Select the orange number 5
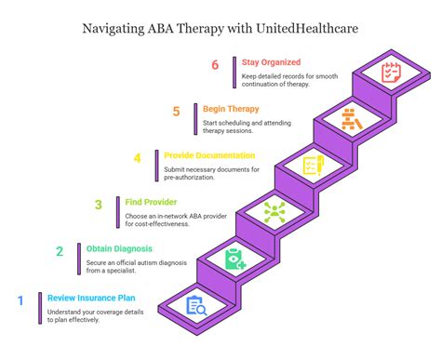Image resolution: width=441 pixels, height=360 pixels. pos(176,112)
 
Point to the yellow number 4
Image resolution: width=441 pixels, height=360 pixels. pos(138,157)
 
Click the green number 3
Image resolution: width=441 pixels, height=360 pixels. pos(98,205)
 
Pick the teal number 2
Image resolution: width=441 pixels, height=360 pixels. pos(60,251)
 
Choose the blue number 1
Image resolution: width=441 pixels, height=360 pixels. pos(21,300)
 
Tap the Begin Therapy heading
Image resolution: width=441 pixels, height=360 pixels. pos(231,108)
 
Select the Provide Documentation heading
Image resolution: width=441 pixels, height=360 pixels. pos(208,154)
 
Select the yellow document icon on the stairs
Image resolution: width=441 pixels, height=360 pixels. pos(312,166)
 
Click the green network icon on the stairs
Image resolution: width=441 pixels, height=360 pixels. pos(274,212)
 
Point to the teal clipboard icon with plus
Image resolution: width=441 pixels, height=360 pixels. pos(234,259)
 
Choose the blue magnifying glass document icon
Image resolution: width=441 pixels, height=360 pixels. pos(196,305)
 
